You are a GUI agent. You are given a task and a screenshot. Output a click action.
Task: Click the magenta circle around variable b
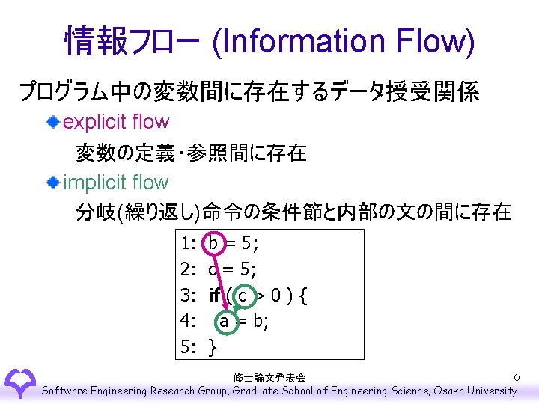coord(214,244)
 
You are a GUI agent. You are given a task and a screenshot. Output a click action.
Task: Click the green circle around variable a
coord(224,321)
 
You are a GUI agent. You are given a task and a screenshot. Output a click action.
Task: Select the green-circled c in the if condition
coord(243,295)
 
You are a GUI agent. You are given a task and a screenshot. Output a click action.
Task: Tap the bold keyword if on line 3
coord(215,295)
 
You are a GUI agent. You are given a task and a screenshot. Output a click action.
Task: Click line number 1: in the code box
coord(189,244)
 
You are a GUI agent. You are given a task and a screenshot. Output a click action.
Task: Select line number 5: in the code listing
coord(189,346)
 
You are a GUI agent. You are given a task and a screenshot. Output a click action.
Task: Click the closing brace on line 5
coord(213,346)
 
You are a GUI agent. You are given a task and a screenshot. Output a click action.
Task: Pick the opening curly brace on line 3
coord(302,295)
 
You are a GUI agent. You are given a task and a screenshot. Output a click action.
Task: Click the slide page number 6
coord(517,376)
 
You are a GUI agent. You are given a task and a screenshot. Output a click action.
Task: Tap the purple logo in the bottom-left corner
coord(19,383)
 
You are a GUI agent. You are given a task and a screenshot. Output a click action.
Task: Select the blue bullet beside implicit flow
coord(53,182)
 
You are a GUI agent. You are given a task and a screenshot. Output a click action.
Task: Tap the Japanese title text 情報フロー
coord(132,41)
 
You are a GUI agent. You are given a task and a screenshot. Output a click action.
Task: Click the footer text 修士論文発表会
coord(269,378)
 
